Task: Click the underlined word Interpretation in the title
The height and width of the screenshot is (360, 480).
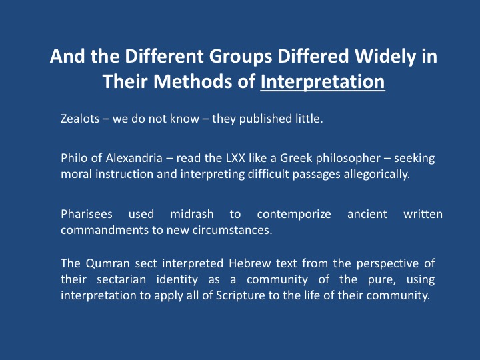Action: [x=323, y=82]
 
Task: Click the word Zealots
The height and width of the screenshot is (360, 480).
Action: [x=80, y=119]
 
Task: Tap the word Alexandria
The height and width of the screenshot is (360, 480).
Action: [x=134, y=158]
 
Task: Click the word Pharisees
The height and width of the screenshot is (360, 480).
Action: [x=86, y=214]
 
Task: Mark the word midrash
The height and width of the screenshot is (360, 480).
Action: [x=191, y=214]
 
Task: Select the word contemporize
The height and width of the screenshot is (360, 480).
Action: [x=294, y=215]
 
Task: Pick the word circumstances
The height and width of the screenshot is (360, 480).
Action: [x=233, y=230]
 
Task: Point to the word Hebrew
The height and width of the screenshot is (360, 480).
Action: [x=250, y=263]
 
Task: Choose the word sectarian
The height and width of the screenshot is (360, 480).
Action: [x=121, y=279]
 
